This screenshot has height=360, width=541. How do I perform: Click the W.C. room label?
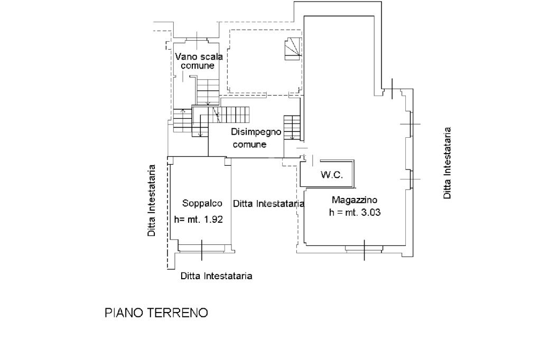pyautogui.click(x=332, y=175)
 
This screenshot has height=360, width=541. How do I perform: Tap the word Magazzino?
pyautogui.click(x=355, y=200)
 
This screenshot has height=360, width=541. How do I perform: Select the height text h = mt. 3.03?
pyautogui.click(x=355, y=213)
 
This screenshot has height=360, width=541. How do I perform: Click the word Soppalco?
pyautogui.click(x=199, y=203)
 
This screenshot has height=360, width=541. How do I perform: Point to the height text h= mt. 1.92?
pyautogui.click(x=199, y=220)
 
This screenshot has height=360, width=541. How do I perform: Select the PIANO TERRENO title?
pyautogui.click(x=156, y=313)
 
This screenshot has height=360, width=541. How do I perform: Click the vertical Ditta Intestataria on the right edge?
pyautogui.click(x=447, y=163)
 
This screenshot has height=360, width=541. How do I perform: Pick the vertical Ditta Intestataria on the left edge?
pyautogui.click(x=152, y=201)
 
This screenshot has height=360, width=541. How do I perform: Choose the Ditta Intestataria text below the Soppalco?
pyautogui.click(x=216, y=276)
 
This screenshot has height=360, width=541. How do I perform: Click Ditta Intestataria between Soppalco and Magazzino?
pyautogui.click(x=268, y=203)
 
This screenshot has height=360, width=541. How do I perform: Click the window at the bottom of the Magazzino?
pyautogui.click(x=363, y=249)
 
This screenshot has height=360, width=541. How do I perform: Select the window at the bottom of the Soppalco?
pyautogui.click(x=202, y=249)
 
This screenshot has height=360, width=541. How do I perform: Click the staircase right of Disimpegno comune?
pyautogui.click(x=292, y=128)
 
